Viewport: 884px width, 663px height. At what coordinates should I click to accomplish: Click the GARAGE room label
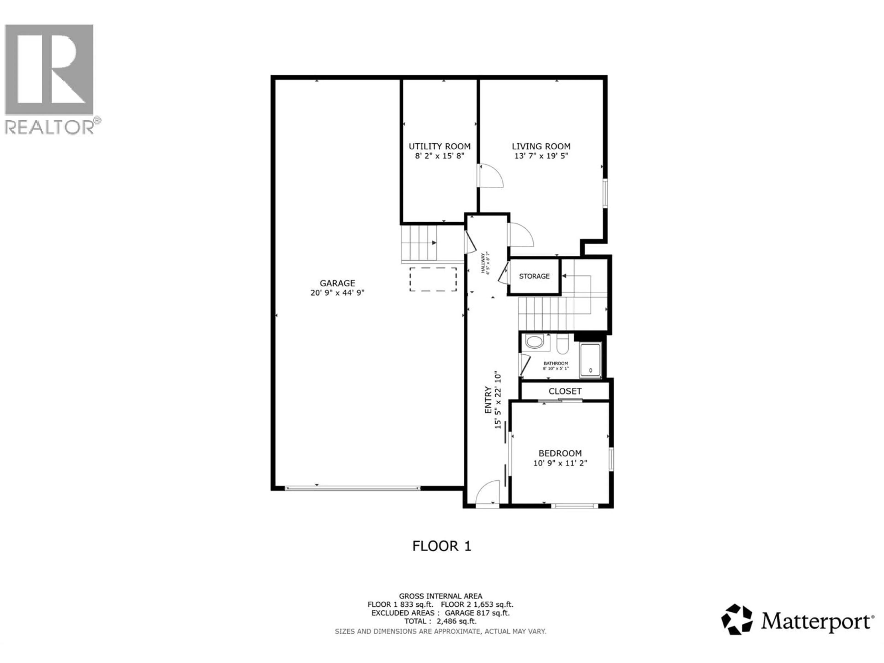click(x=337, y=283)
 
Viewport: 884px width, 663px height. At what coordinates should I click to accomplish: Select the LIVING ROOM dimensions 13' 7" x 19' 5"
click(x=541, y=156)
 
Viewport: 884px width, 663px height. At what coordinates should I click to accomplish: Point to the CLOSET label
click(x=565, y=391)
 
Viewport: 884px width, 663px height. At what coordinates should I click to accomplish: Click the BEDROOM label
click(x=560, y=453)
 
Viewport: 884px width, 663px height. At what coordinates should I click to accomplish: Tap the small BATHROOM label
click(x=555, y=363)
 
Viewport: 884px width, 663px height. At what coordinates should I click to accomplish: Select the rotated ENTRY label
click(x=488, y=400)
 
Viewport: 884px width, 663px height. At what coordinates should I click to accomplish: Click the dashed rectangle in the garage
click(x=433, y=279)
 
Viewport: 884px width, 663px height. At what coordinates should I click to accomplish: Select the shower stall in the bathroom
click(x=590, y=360)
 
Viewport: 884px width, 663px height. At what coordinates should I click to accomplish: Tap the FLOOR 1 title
click(x=442, y=546)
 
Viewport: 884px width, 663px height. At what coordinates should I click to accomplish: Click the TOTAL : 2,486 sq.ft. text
click(x=440, y=621)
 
